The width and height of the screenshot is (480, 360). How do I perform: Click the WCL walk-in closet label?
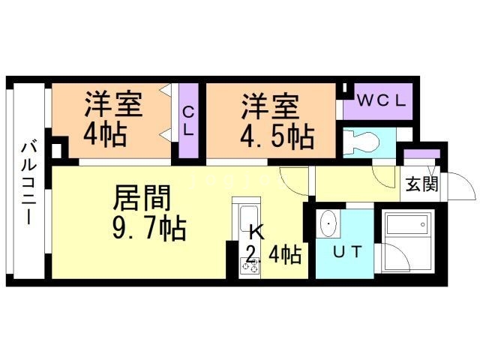pyautogui.click(x=381, y=100)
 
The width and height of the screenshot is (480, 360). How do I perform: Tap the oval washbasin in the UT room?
pyautogui.click(x=328, y=223)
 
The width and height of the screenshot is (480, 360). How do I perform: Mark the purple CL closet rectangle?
pyautogui.click(x=189, y=123)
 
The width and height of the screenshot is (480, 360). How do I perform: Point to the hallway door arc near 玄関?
pyautogui.click(x=384, y=178)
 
